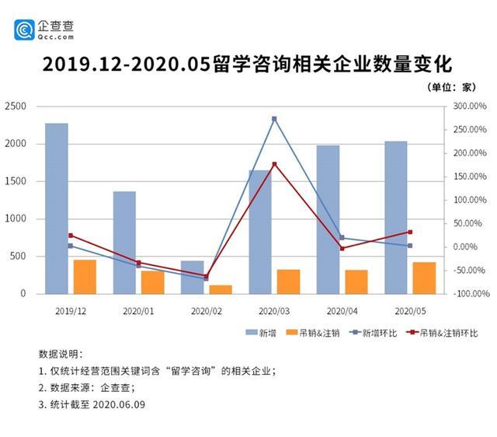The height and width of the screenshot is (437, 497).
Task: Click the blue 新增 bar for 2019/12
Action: coord(56,208)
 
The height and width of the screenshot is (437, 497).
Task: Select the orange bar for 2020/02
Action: coord(221,289)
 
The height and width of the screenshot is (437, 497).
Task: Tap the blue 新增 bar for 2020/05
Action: coord(396,218)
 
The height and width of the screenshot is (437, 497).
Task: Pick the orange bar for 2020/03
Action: coord(288,281)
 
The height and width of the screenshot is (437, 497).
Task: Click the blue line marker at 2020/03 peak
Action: coord(274,119)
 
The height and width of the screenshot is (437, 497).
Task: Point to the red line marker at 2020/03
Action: coord(274,164)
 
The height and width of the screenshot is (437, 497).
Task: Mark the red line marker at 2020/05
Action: coord(410,232)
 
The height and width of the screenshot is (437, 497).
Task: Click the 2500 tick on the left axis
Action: coord(16,107)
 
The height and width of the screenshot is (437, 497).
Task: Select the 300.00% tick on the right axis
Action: coord(470,107)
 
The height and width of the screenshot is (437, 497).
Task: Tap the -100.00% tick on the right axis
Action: coord(470,294)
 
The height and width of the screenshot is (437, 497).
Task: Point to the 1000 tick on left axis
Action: coord(16,219)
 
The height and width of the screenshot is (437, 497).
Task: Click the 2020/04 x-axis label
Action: coord(342,309)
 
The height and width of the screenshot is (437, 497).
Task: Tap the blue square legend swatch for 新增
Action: coord(251,333)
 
